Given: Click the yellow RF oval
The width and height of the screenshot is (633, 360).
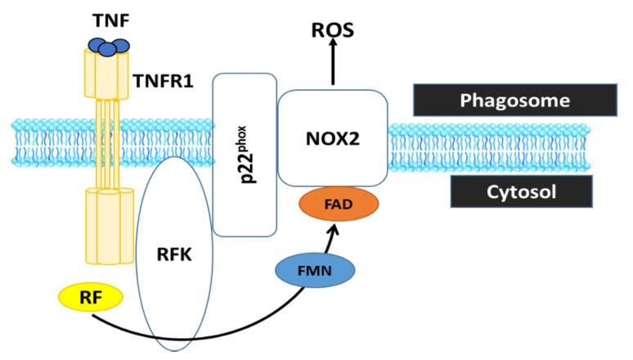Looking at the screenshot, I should click(x=90, y=298).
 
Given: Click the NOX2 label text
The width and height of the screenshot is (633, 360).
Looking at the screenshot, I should click(x=332, y=138).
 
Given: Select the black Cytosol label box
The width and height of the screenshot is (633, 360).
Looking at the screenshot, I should click(x=520, y=191).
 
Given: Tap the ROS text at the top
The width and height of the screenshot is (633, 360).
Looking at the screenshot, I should click(x=332, y=32).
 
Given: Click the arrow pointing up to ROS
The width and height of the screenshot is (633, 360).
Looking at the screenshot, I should click(x=332, y=65).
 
